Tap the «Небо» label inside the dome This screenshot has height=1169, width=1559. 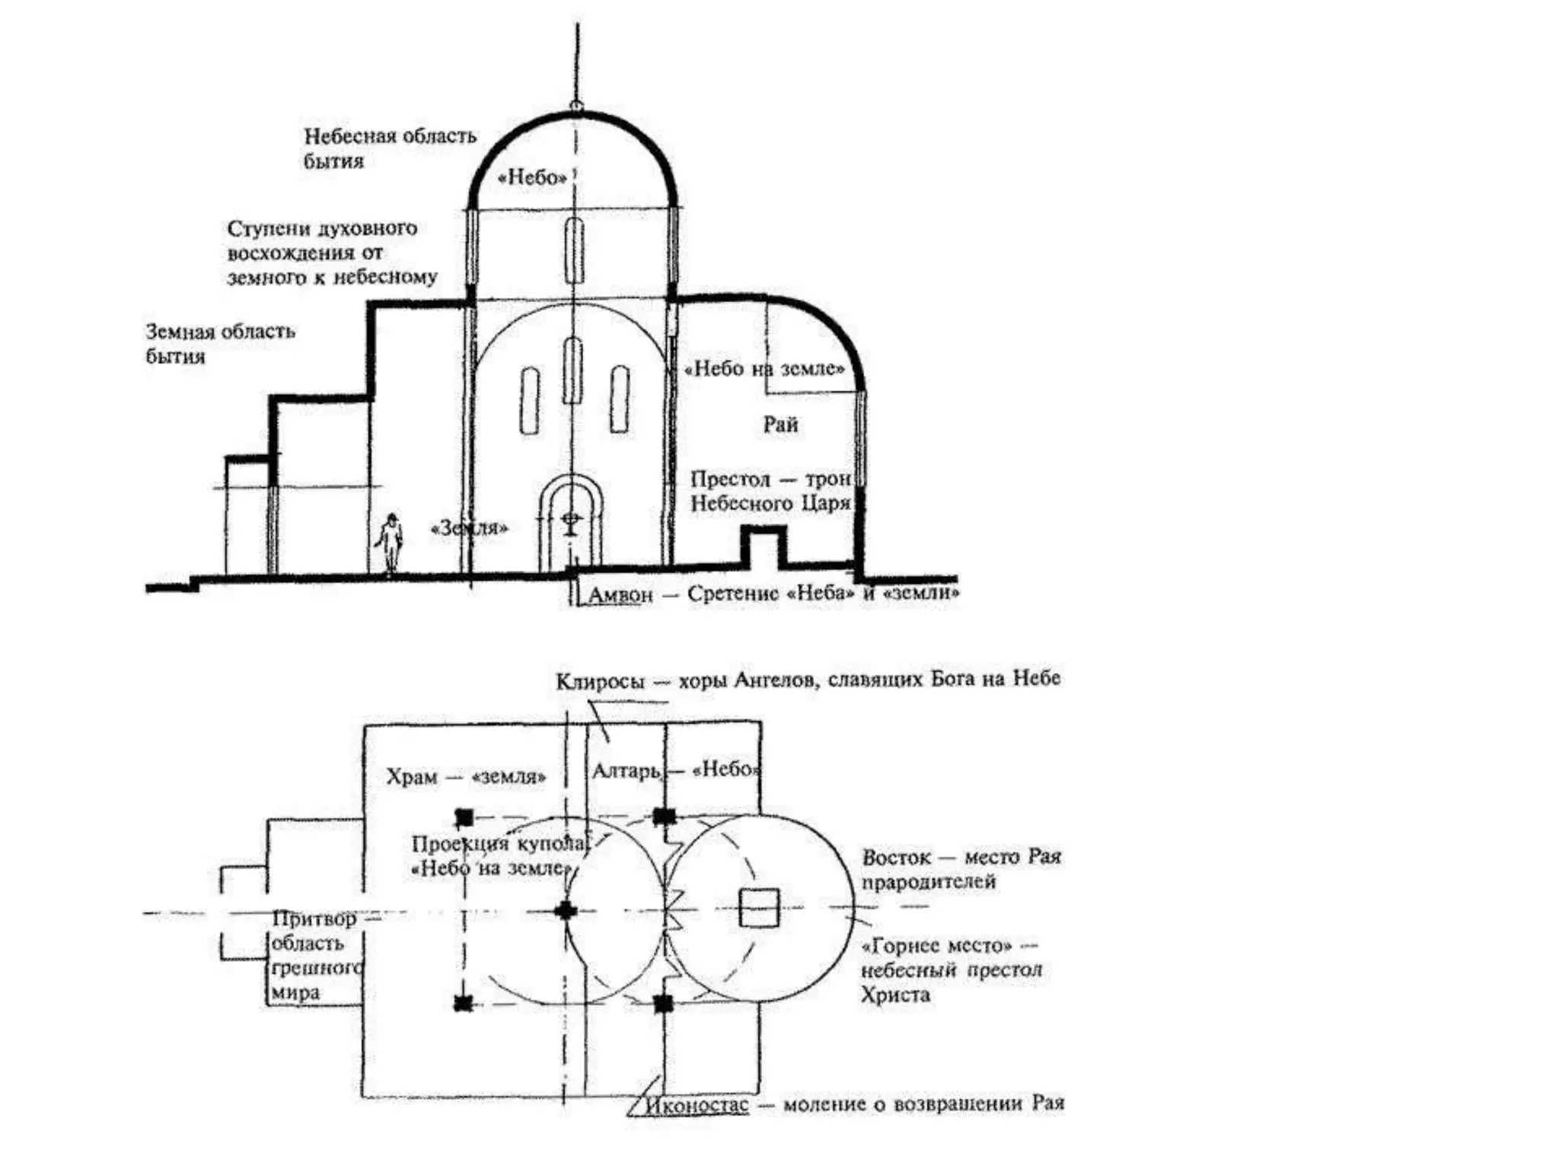pos(532,178)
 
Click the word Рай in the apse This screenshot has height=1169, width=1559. pos(780,425)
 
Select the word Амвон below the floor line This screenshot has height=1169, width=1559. pos(620,595)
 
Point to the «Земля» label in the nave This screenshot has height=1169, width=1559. pos(469,527)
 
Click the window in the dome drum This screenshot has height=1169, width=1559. pos(575,251)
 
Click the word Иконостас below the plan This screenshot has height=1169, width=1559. pos(697,1105)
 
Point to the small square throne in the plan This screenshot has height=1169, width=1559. pos(759,908)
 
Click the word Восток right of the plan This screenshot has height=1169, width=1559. pos(896,858)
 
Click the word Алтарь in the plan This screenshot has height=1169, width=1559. pos(626,772)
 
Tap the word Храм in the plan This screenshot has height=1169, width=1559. pos(411,777)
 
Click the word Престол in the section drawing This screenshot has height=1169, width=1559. pos(730,479)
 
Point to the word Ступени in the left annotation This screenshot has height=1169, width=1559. pos(269,229)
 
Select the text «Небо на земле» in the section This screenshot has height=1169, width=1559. pos(764,369)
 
